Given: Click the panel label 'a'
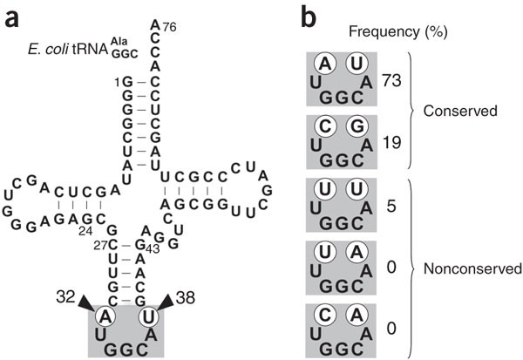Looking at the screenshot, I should (12, 14).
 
